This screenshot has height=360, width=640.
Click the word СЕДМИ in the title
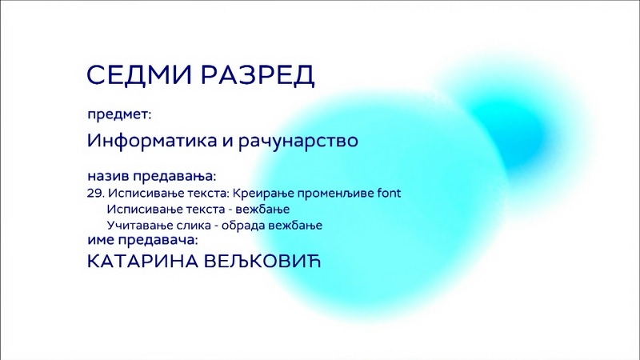tap(138, 74)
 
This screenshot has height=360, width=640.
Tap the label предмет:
tap(119, 114)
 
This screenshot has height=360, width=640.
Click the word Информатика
tap(152, 141)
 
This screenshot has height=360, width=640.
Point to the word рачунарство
tap(298, 142)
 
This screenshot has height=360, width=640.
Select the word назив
tap(108, 176)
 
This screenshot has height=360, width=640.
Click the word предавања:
tap(174, 177)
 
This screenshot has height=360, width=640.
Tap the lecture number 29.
tap(95, 193)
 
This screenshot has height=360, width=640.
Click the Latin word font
tap(389, 193)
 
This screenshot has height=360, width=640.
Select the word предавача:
tap(158, 241)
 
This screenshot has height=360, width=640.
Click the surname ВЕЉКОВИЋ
tap(262, 262)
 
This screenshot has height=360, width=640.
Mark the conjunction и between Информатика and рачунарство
tap(227, 142)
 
